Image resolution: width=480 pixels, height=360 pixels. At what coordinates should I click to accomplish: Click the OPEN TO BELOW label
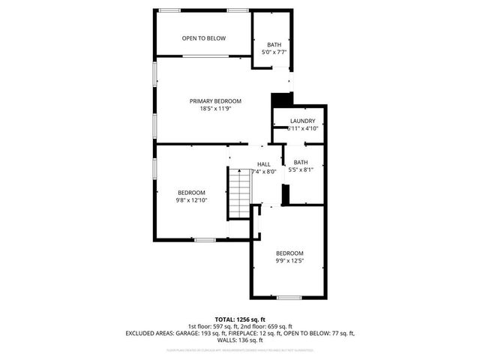coord(204,38)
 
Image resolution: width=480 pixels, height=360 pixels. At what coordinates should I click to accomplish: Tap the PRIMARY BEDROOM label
coord(215,100)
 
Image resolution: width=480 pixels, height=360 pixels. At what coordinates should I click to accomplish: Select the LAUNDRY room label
coord(303,121)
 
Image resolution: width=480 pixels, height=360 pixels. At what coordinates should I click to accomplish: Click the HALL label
coord(264,164)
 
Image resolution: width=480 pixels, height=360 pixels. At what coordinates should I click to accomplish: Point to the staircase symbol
coord(238,193)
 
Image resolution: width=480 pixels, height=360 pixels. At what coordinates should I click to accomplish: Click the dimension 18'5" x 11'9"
coord(215,109)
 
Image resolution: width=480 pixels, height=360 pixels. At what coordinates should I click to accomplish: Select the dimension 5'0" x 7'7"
coord(274,52)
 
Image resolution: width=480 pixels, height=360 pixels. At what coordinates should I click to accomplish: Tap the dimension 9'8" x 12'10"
coord(191,200)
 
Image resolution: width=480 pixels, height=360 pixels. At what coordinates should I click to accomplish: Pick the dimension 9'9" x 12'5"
coord(289,261)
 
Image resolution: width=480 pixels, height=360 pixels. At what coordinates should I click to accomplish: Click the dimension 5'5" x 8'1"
coord(301,170)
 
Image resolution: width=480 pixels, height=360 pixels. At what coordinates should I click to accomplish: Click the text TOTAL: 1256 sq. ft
coord(240,319)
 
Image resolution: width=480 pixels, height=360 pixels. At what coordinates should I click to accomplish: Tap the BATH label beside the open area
coord(274,45)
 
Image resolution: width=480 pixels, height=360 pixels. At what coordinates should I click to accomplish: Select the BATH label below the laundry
coord(301,163)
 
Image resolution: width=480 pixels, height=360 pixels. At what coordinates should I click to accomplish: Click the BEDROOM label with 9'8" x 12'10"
coord(191,193)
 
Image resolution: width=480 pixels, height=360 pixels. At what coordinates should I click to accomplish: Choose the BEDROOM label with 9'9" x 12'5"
coord(289,253)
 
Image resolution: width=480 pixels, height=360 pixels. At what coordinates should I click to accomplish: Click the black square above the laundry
coord(281,100)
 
